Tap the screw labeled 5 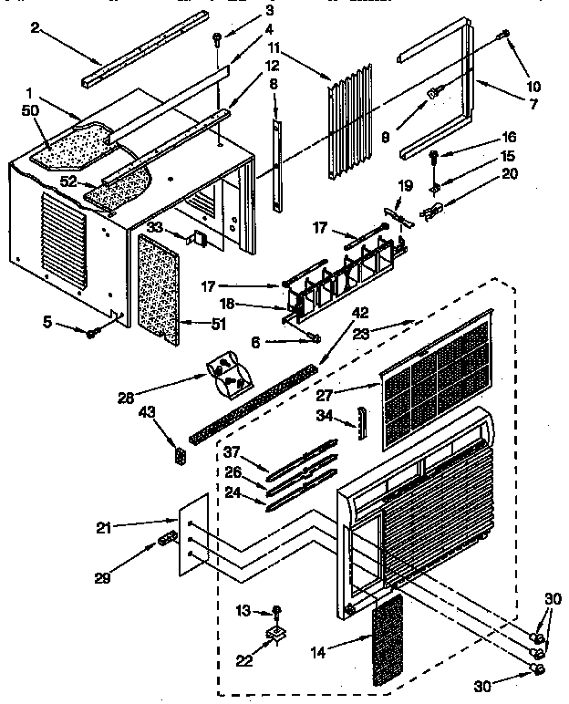click(x=93, y=334)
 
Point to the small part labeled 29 click(x=165, y=540)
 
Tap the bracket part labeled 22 click(x=274, y=632)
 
